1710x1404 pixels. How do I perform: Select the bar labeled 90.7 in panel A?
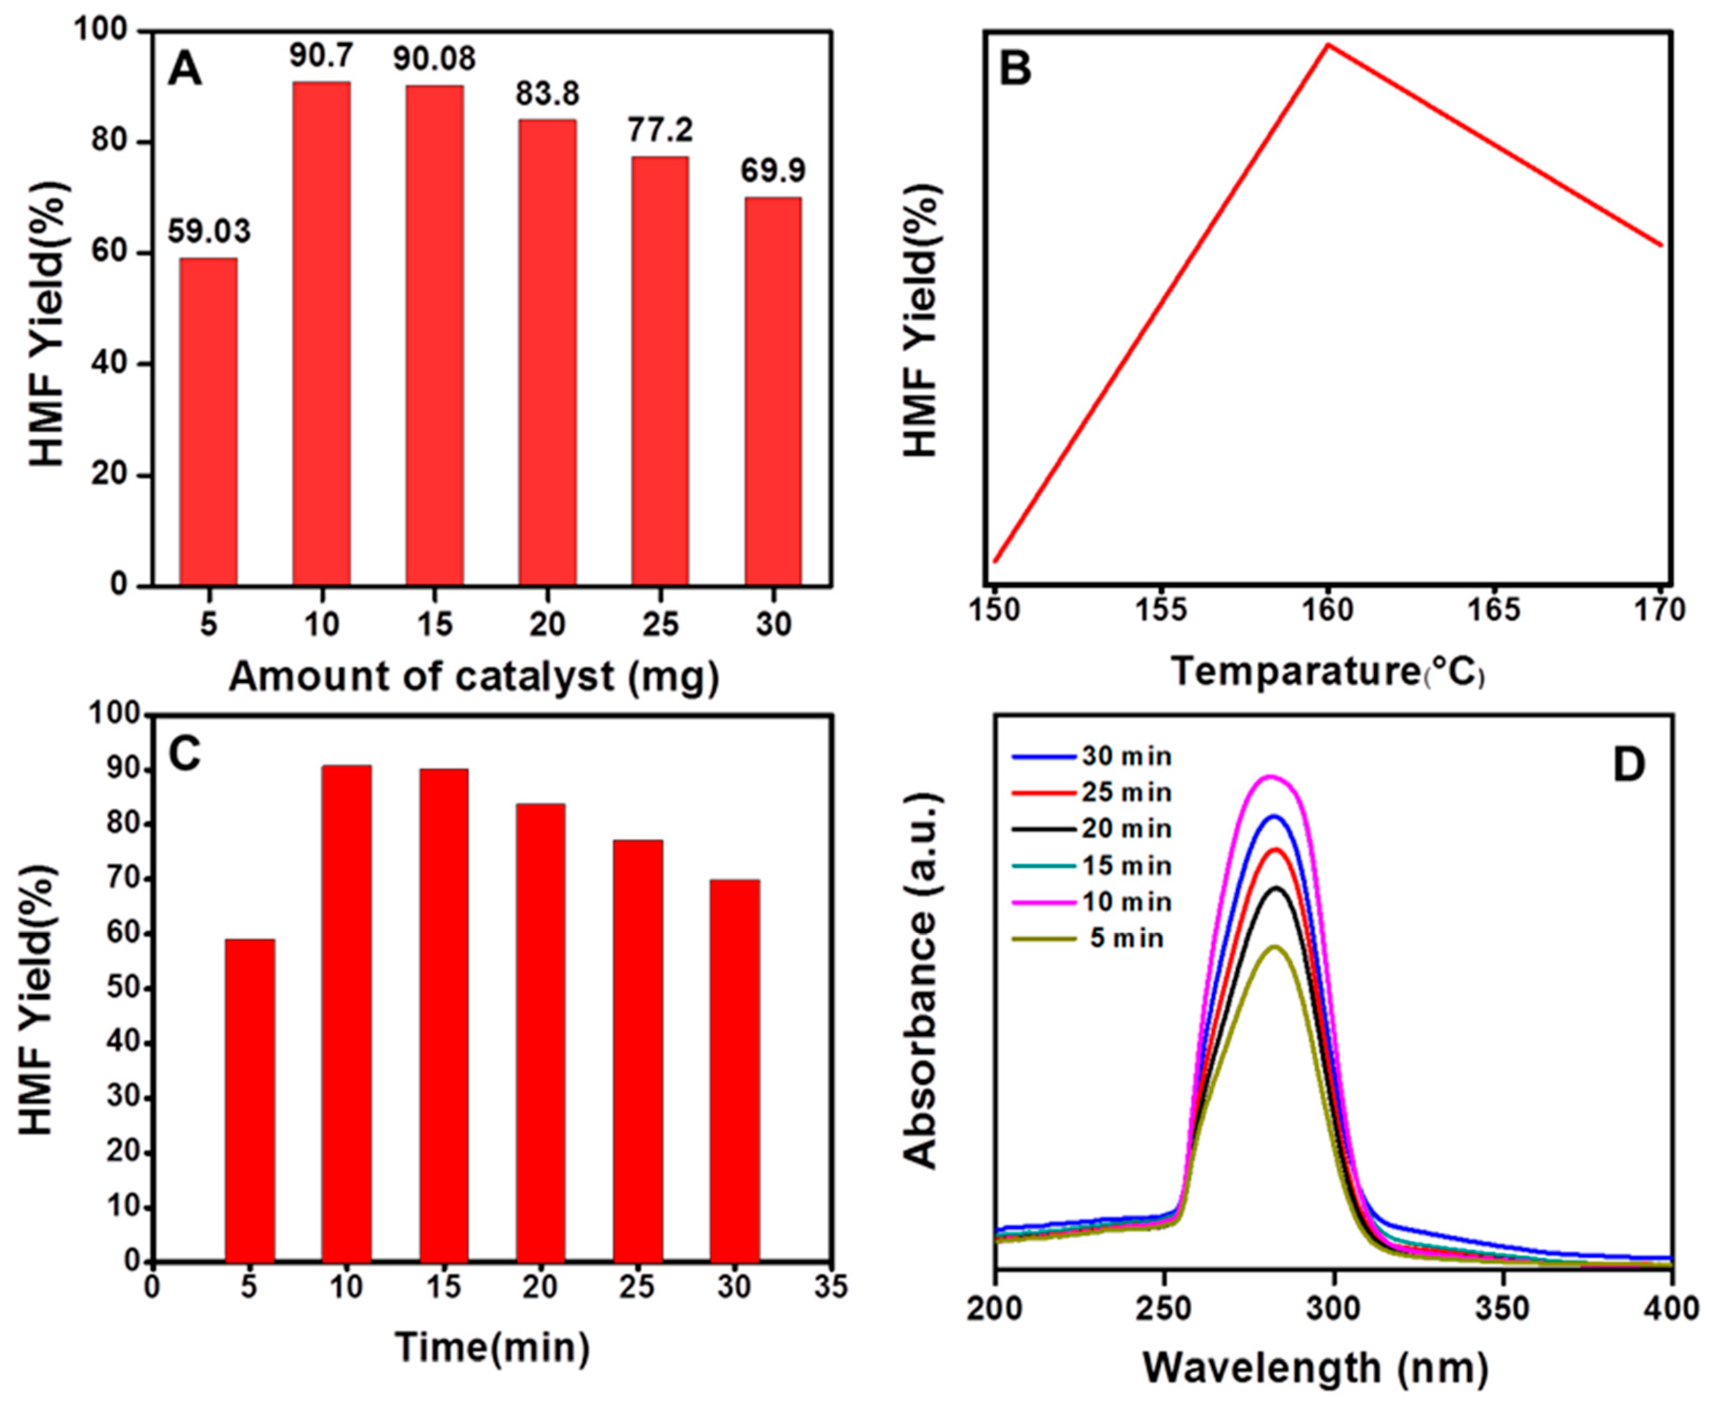[x=321, y=333]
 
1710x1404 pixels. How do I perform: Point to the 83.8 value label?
[x=548, y=95]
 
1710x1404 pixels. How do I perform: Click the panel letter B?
[x=1016, y=70]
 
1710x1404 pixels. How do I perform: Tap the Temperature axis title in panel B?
[x=1328, y=672]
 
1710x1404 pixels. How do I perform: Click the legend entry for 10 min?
[x=1091, y=902]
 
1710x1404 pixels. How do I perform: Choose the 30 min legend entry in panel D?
[x=1091, y=757]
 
